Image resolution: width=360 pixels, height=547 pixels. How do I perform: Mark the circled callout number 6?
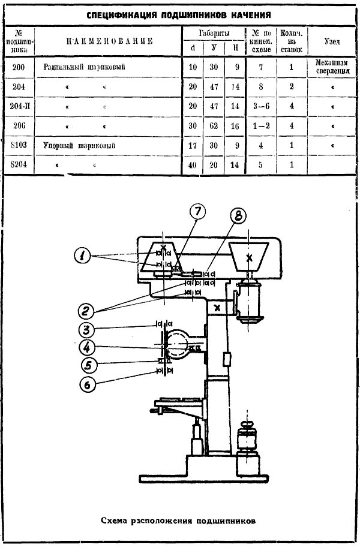[88, 385]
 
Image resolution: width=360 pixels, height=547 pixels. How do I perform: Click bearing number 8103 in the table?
[19, 145]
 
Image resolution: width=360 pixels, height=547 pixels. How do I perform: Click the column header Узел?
[331, 42]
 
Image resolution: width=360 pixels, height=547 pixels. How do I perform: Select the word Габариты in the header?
[214, 33]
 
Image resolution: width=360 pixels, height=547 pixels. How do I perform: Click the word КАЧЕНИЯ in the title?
[246, 13]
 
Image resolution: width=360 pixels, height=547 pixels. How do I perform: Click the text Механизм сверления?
[331, 67]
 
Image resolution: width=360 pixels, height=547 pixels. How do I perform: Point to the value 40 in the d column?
[193, 165]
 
